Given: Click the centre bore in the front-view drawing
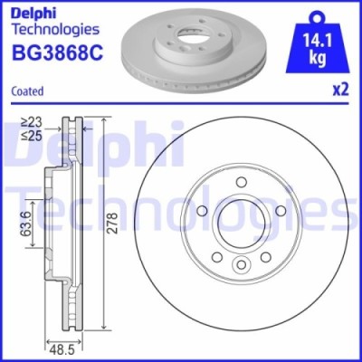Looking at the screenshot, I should [x=242, y=223].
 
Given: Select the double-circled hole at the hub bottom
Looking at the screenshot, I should [x=242, y=265].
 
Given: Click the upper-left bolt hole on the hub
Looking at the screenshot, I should [x=202, y=210].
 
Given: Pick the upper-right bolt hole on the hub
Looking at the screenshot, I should [x=281, y=210].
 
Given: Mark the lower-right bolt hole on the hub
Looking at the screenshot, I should [x=266, y=256].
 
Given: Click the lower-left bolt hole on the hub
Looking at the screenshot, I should [x=217, y=256].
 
